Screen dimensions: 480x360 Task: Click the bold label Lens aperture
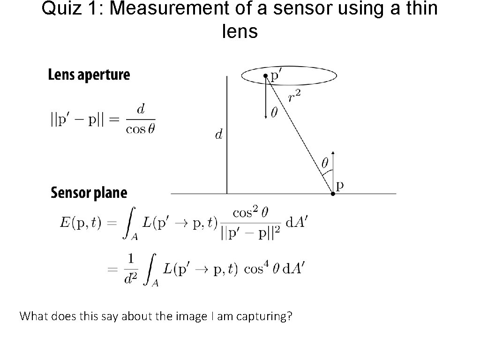click(x=89, y=75)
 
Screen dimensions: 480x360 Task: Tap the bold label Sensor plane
click(x=89, y=193)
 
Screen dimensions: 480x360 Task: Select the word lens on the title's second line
click(x=240, y=31)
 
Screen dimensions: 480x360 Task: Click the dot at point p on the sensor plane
click(x=333, y=193)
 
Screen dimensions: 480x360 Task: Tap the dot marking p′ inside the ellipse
click(x=265, y=75)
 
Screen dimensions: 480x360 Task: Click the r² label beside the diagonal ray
click(x=294, y=97)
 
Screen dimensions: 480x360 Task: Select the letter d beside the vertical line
click(x=218, y=135)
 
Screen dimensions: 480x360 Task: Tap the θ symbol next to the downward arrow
click(x=274, y=112)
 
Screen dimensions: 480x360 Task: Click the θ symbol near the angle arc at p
click(x=324, y=163)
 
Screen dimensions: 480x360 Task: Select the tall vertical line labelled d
click(x=227, y=136)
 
